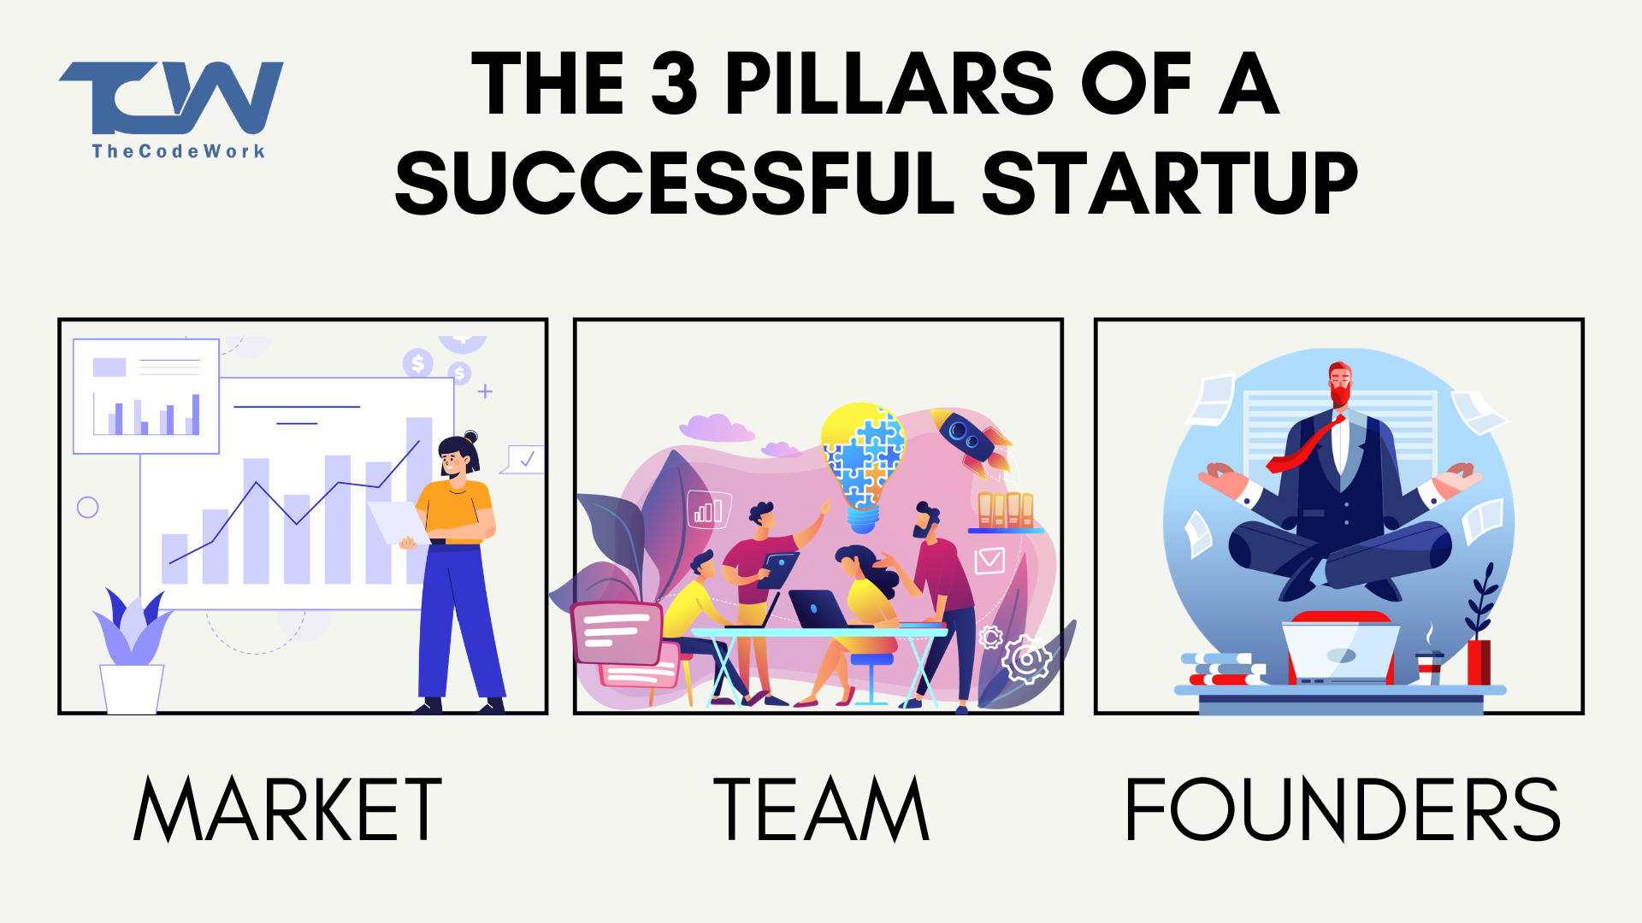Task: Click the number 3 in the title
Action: [x=675, y=84]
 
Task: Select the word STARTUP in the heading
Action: [x=1169, y=183]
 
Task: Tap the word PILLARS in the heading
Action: [x=889, y=84]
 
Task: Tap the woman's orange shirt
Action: [x=457, y=511]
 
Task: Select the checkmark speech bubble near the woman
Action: [x=523, y=460]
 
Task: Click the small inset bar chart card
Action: [x=146, y=396]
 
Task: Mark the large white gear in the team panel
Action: [x=1026, y=659]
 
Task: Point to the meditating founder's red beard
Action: [x=1339, y=396]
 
